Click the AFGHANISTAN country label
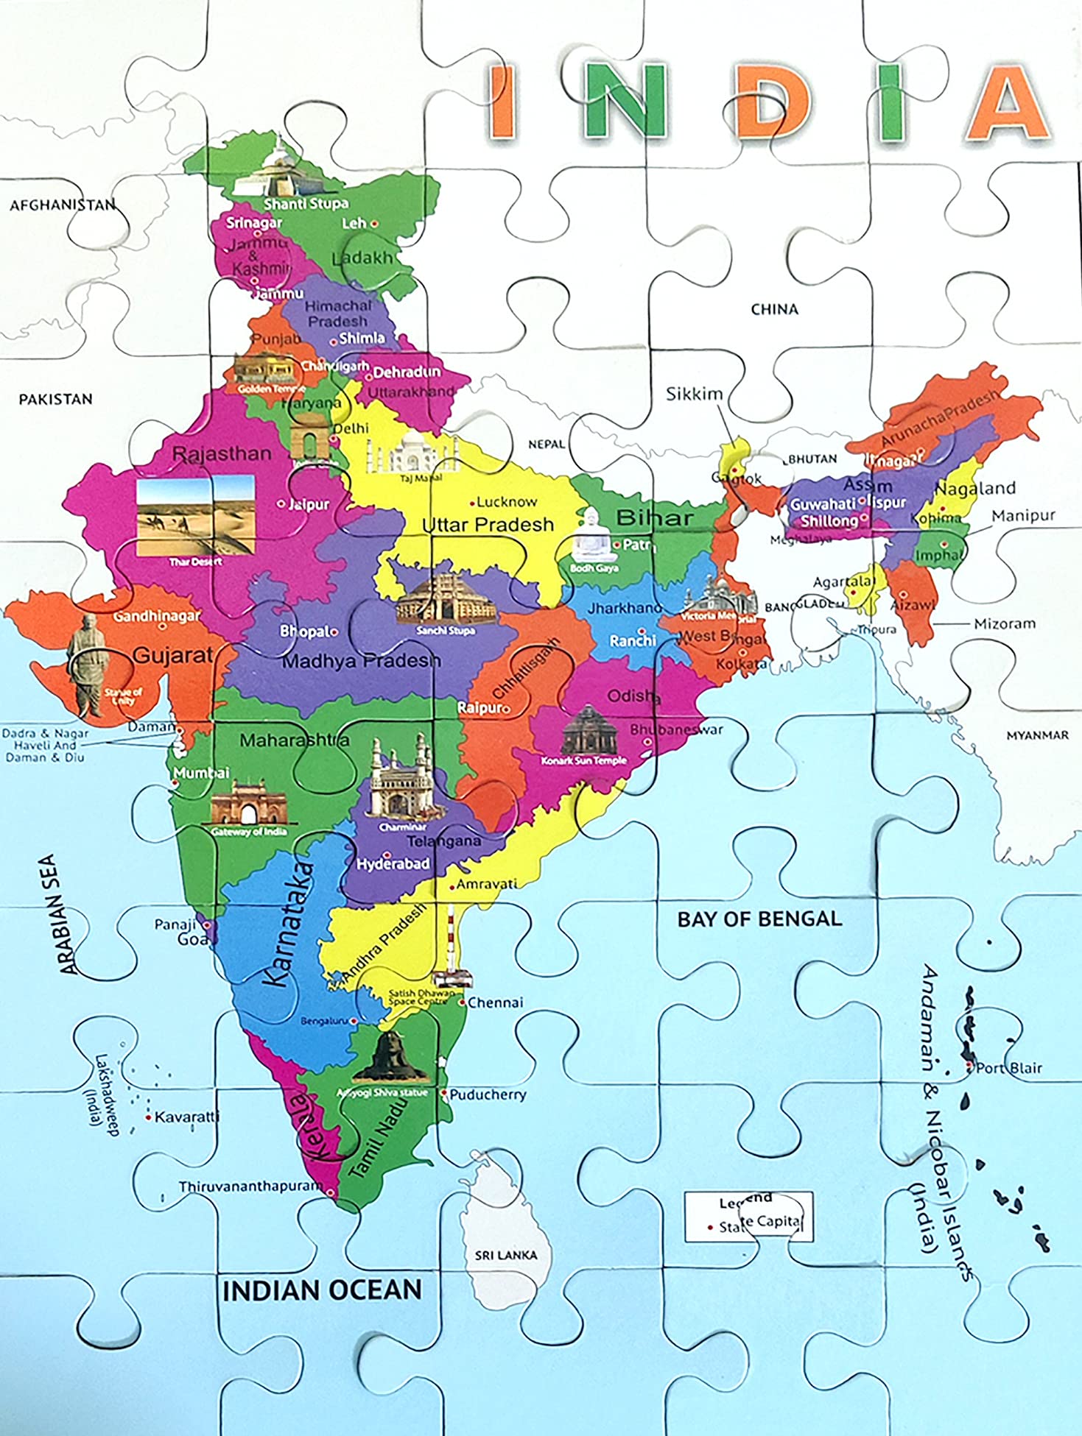63,205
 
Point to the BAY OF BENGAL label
759,919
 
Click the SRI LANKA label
505,1254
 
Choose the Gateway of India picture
249,804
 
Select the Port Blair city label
1008,1067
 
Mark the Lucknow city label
506,502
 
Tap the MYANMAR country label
1036,735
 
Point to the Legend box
748,1217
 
